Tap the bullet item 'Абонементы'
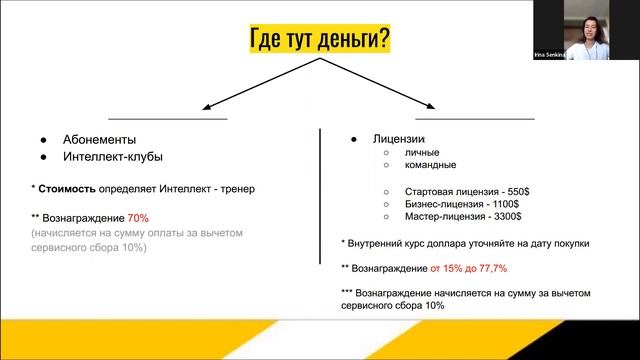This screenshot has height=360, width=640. [x=99, y=139]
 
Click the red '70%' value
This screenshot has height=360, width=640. [x=138, y=217]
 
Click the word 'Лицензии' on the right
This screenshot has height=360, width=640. [x=398, y=138]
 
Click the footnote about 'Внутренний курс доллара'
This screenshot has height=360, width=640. [x=465, y=243]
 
